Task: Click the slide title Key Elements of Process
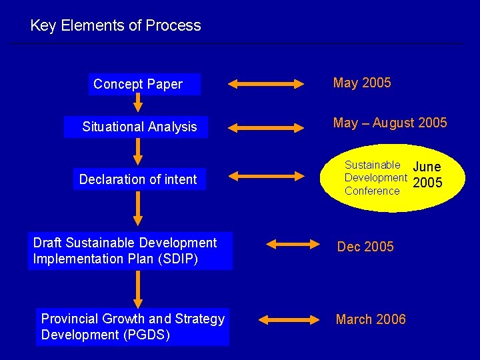[x=115, y=26]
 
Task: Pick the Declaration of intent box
[x=139, y=179]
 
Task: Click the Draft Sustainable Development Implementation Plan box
[x=130, y=251]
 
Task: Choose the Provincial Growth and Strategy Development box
[x=133, y=327]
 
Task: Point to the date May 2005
[x=362, y=83]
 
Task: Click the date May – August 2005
[x=390, y=123]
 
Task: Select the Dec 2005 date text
[x=365, y=247]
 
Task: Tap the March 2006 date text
[x=371, y=320]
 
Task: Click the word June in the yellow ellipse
[x=427, y=167]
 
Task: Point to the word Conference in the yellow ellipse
[x=372, y=191]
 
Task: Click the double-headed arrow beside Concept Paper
[x=265, y=85]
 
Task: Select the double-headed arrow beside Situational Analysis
[x=265, y=126]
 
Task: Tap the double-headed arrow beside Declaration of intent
[x=265, y=177]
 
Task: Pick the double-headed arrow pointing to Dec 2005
[x=293, y=245]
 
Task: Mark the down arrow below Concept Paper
[x=137, y=103]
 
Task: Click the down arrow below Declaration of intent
[x=137, y=209]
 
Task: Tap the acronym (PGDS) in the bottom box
[x=149, y=335]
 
